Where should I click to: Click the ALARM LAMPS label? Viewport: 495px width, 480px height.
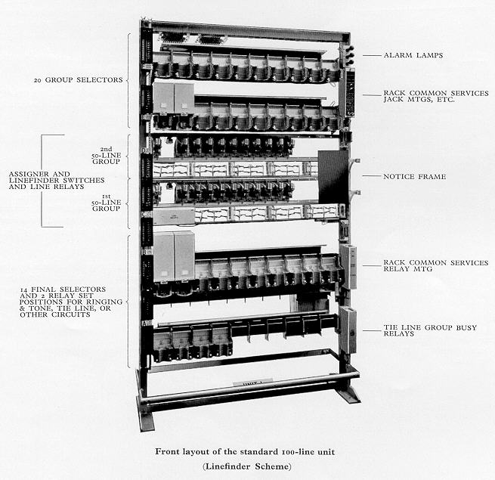click(x=413, y=55)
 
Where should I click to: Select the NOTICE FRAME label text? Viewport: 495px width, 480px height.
click(x=414, y=177)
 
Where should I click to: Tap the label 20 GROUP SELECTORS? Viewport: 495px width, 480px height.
click(x=79, y=80)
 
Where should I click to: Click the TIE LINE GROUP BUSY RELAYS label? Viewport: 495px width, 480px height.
click(x=430, y=330)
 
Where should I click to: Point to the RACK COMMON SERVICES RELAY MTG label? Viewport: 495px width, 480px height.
click(x=435, y=265)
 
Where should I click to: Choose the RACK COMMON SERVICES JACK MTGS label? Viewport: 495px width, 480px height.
click(x=436, y=96)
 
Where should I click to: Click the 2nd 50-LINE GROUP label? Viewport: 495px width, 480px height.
click(x=107, y=155)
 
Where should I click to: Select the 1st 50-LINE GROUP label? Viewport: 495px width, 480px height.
click(x=107, y=203)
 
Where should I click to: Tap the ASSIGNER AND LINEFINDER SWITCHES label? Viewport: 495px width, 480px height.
click(x=57, y=181)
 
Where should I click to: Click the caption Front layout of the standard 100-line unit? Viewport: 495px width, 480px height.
click(x=245, y=451)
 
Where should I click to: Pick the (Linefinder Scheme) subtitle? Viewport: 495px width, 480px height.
click(x=247, y=466)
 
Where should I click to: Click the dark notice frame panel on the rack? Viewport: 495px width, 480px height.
click(x=333, y=177)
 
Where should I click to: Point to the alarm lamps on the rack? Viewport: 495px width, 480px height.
click(x=350, y=54)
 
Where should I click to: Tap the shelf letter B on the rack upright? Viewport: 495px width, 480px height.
click(x=144, y=252)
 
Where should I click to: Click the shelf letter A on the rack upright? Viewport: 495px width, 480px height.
click(x=145, y=324)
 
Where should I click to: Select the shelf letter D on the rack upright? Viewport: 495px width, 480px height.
click(x=144, y=150)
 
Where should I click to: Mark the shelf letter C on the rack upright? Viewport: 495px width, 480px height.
click(x=144, y=214)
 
